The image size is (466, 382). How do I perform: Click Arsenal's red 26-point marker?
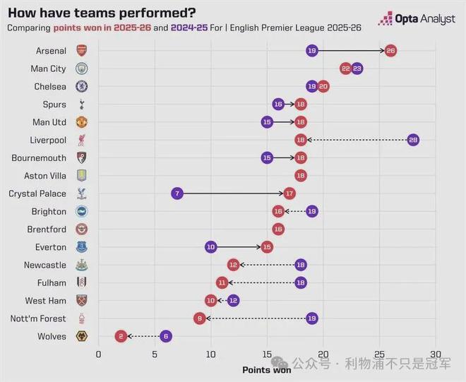tap(390, 51)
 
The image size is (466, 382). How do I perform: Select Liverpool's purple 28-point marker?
tap(413, 140)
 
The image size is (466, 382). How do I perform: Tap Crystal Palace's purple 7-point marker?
tap(177, 193)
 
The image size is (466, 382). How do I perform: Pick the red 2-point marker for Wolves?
tap(121, 336)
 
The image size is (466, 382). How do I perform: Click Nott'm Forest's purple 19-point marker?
tap(312, 318)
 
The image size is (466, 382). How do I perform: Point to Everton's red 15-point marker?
tap(267, 247)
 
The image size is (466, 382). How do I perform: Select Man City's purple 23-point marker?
tap(357, 68)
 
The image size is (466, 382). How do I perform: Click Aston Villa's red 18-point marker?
tap(301, 176)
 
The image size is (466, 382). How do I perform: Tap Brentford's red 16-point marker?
tap(278, 229)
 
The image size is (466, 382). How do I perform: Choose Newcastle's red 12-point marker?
tap(233, 265)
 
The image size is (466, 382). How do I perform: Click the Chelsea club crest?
tap(82, 87)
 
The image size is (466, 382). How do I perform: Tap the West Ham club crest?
tap(82, 301)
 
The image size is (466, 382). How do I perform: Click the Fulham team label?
tap(52, 282)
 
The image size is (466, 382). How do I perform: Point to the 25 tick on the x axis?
tap(379, 354)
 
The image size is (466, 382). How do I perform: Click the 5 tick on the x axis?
tap(155, 354)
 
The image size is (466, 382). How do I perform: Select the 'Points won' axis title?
tap(266, 369)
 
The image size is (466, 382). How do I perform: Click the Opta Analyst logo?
tap(417, 19)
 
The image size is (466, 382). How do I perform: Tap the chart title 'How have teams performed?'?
tap(102, 13)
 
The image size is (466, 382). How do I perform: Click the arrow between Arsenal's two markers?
tap(351, 51)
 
